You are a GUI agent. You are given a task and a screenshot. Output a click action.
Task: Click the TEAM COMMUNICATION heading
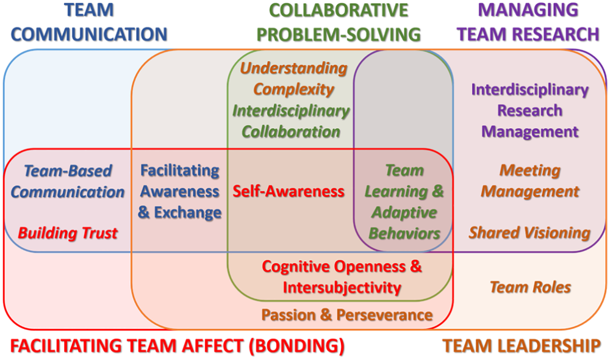point(89,23)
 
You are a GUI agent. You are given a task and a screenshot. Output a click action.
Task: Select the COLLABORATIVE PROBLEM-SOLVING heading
point(339,23)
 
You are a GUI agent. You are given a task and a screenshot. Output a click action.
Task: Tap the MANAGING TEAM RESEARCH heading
point(528,23)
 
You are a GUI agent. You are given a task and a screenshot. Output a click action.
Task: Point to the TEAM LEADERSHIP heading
point(522,346)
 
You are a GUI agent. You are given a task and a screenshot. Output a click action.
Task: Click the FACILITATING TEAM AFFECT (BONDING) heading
point(178,346)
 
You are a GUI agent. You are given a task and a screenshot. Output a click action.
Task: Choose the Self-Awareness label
point(289,192)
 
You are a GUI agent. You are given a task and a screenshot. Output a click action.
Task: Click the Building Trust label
point(68,232)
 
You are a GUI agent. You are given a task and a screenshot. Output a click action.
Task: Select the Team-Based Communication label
point(68,181)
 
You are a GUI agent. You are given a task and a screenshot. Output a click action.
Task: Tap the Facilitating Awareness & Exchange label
point(180,192)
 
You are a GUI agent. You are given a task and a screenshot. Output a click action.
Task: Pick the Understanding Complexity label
point(294,79)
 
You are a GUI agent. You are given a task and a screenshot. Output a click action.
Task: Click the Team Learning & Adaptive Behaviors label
point(404,202)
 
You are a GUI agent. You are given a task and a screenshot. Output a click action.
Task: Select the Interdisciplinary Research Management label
point(529,110)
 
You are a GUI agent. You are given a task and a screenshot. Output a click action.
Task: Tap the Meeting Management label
point(529,181)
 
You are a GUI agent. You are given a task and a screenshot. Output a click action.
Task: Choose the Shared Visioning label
point(529,232)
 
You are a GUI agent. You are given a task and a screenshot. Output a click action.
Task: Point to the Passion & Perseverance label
point(347,315)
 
